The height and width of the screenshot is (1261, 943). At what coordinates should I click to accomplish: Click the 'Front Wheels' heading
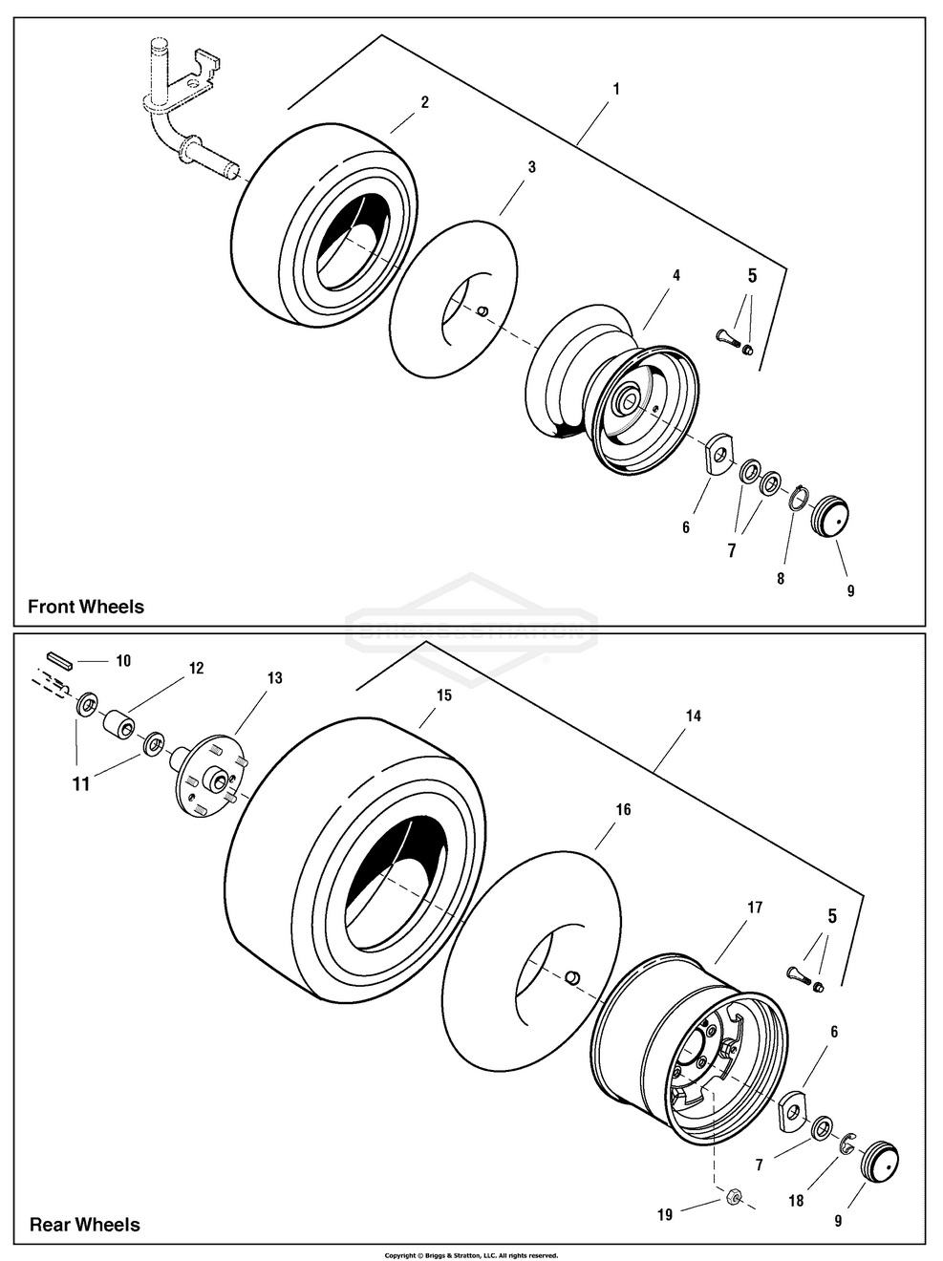pos(86,607)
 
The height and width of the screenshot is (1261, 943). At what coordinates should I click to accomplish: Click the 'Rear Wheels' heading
pos(84,1225)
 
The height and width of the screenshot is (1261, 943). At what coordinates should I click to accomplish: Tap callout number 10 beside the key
pos(123,661)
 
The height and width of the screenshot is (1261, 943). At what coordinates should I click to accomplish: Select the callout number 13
pos(274,678)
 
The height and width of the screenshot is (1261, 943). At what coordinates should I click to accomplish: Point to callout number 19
pos(665,1215)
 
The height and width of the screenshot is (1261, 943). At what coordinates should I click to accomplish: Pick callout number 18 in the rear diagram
pos(796,1202)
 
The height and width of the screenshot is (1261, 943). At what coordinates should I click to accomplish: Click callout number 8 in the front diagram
pos(781,579)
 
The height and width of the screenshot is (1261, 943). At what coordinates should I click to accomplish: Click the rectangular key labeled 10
pos(62,658)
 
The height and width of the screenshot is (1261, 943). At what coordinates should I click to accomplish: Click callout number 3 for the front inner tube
pos(531,167)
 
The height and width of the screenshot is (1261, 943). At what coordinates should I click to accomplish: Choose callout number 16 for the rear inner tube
pos(623,809)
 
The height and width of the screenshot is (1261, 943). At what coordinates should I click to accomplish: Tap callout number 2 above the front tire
pos(424,102)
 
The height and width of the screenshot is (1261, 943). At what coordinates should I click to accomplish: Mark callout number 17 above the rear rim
pos(755,908)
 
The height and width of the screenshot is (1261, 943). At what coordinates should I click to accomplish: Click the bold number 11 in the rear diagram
pos(81,784)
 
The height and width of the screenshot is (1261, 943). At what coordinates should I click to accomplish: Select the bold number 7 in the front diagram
pos(732,550)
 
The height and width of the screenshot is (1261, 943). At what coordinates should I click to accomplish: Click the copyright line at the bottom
pos(470,1255)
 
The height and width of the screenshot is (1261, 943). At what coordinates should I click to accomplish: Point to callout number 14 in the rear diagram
pos(694,716)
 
